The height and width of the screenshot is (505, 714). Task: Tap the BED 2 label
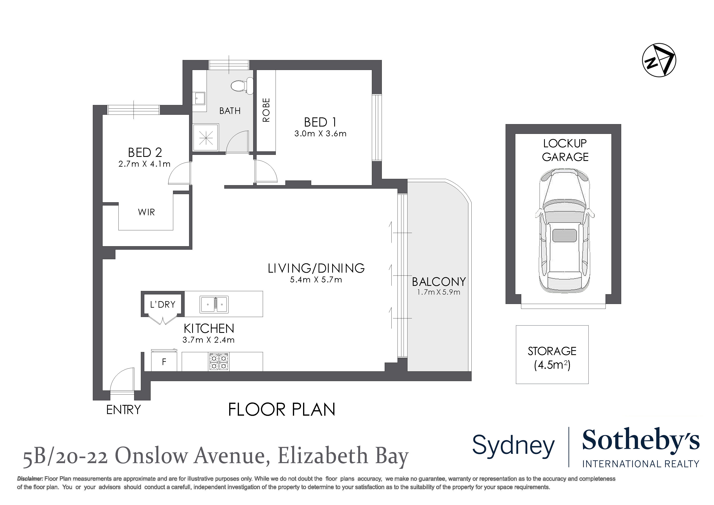145,152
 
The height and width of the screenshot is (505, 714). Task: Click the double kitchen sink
214,304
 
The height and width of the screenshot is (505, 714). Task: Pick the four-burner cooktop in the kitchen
219,362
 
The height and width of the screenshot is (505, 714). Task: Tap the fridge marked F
164,362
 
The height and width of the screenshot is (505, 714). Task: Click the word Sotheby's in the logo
640,441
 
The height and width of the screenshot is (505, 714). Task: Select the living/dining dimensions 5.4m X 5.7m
316,280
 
